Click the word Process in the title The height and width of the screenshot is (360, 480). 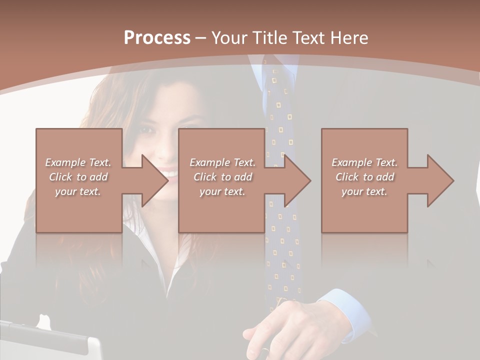tap(157, 37)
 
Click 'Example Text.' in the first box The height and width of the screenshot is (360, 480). tap(78, 162)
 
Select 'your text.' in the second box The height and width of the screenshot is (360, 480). tap(222, 191)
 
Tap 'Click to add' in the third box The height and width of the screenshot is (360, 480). tap(364, 177)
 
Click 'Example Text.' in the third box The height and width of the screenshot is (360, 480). tap(364, 162)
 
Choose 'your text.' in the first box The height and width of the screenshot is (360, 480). tap(78, 191)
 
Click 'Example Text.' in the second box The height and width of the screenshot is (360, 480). tap(222, 162)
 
